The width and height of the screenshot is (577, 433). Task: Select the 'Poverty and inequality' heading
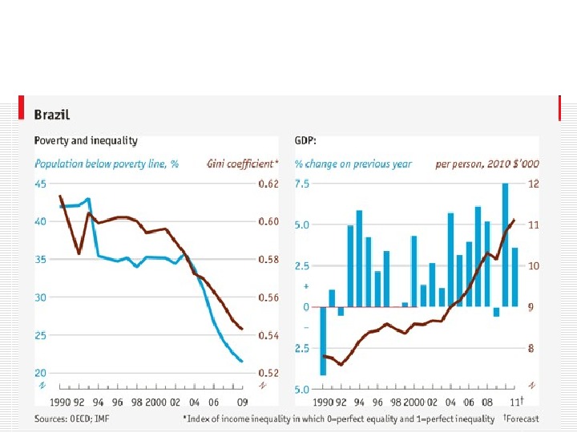coord(86,140)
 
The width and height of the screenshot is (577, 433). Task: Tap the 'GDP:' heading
coord(305,140)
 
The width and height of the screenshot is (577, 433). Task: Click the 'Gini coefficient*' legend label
coord(242,164)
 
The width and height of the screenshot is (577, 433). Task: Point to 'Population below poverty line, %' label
coord(106,164)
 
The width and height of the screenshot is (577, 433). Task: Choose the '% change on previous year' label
coord(353,164)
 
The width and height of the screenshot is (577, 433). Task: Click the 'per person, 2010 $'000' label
coord(487,164)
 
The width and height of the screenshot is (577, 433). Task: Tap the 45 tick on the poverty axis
coord(40,184)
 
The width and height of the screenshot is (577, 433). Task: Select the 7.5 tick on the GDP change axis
coord(301,184)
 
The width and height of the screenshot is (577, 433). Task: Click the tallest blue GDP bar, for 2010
coord(506,245)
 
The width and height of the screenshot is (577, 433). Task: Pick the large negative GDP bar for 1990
coord(323,341)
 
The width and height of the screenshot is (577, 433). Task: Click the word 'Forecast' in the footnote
coord(524,419)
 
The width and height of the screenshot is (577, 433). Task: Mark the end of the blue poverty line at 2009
coord(242,362)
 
